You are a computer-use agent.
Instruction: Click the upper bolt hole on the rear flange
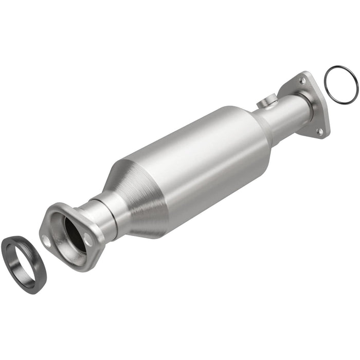pos(303,81)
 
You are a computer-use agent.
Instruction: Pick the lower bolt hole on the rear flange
pos(320,132)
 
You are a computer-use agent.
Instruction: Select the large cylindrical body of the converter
pos(206,154)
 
